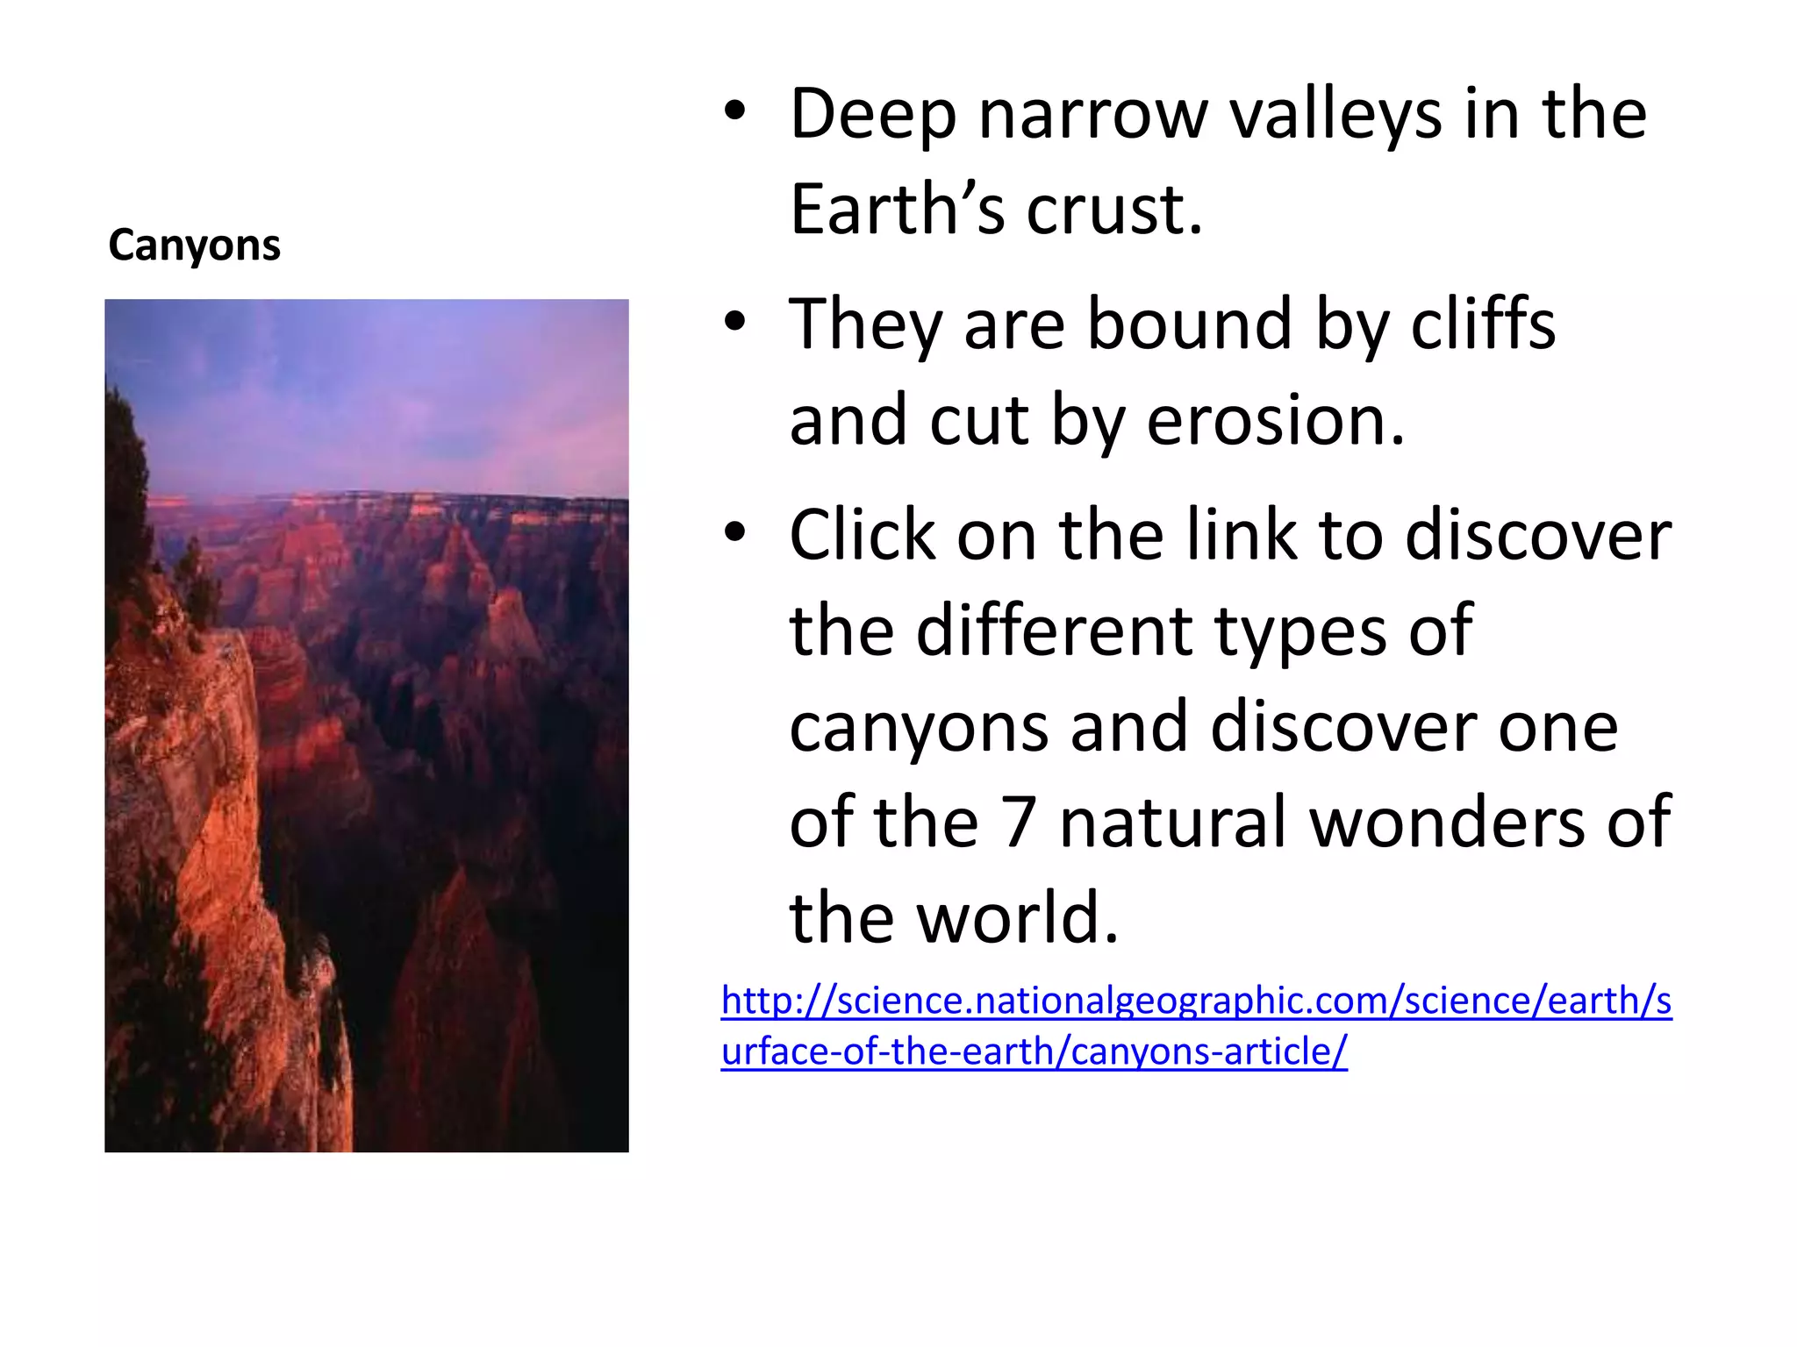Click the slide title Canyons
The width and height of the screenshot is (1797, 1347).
click(194, 246)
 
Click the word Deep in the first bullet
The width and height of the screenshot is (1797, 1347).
click(872, 116)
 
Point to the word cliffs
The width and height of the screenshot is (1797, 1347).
click(1483, 324)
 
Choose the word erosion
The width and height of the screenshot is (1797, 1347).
click(1276, 421)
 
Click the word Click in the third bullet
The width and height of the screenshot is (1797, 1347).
click(862, 535)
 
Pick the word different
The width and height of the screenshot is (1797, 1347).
click(1054, 631)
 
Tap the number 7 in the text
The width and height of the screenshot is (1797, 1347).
click(1019, 823)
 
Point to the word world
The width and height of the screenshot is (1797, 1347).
click(1018, 918)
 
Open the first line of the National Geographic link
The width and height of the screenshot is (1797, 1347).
click(1196, 1001)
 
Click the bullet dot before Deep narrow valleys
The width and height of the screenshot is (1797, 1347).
click(734, 112)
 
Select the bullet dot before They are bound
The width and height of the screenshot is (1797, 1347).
click(734, 322)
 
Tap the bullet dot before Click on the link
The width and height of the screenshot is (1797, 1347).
click(734, 532)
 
